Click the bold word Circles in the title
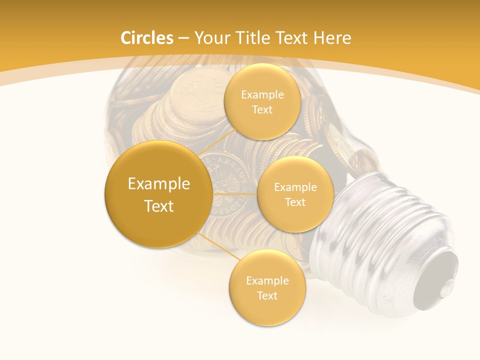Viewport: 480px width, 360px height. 146,38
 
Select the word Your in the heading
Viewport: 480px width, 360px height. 210,38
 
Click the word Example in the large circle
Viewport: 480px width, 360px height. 159,184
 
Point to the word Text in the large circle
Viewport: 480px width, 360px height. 159,206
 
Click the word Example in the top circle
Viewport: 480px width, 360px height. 262,95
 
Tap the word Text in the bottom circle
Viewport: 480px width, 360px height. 267,295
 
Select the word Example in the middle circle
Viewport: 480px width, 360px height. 295,187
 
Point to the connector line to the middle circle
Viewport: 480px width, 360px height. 234,194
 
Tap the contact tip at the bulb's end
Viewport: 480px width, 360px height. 440,272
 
